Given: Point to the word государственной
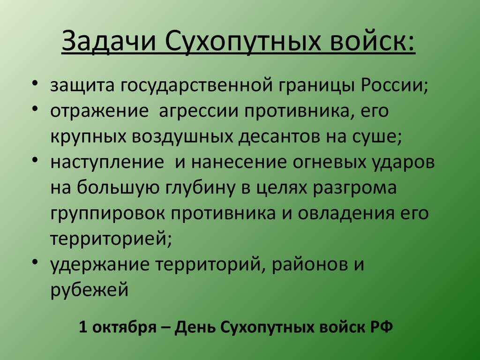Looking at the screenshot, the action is pyautogui.click(x=196, y=85).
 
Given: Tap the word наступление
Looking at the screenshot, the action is pyautogui.click(x=107, y=163).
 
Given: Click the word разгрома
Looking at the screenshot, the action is pyautogui.click(x=354, y=188).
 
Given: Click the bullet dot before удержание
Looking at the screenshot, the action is pyautogui.click(x=35, y=262).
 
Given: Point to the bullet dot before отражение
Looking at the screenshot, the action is pyautogui.click(x=35, y=108).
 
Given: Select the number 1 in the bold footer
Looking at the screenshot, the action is pyautogui.click(x=83, y=327).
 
